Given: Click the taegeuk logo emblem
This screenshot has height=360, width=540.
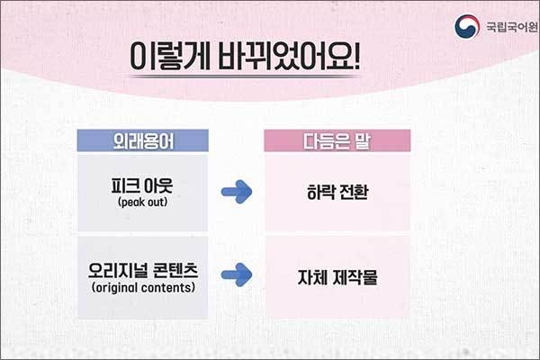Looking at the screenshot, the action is tap(467, 26).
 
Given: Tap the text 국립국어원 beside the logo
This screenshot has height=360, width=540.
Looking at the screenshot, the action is tap(512, 27).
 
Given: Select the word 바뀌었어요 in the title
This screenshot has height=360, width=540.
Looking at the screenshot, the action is tap(283, 56).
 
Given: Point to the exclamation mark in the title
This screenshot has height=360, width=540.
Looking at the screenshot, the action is tap(355, 56).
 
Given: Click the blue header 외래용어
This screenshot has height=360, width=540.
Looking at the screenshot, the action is tap(143, 140).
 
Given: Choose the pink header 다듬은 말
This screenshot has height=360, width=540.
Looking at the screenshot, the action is tap(337, 140).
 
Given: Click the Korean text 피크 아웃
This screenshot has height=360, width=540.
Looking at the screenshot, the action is tap(142, 185).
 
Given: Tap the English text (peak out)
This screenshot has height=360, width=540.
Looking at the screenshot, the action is tap(142, 202).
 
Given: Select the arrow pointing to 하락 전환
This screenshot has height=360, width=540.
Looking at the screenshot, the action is tap(237, 192).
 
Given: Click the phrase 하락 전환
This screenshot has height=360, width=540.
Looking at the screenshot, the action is tap(337, 192).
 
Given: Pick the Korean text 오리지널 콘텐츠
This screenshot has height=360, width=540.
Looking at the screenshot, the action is tap(143, 271).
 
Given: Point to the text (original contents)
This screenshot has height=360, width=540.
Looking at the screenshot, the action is tap(143, 288).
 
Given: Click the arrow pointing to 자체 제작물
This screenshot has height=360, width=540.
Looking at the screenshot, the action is tap(237, 274).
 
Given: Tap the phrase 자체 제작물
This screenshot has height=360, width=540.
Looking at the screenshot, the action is tap(337, 277).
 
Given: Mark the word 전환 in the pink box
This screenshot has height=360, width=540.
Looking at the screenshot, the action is tap(354, 192).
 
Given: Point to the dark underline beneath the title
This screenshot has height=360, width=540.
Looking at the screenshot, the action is tap(245, 76).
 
